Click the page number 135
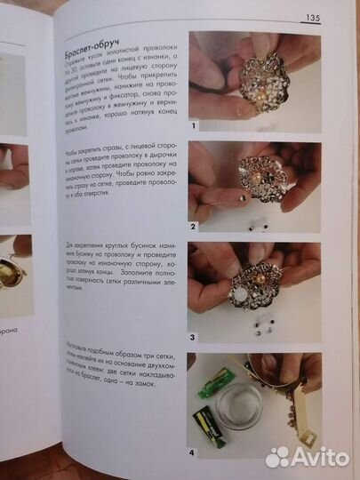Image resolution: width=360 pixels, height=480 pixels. click(312, 16)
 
